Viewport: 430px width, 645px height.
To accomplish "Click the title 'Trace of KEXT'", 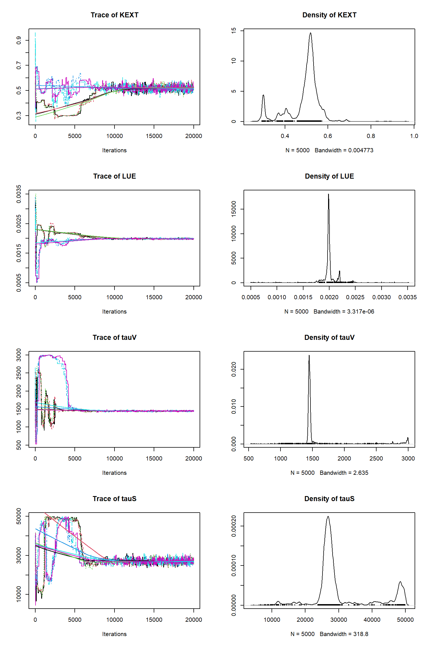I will click(x=114, y=15).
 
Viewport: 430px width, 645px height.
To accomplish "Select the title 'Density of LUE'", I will click(x=329, y=176).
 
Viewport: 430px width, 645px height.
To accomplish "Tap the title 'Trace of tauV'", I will click(x=114, y=338).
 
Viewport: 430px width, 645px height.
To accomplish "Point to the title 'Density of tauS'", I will click(x=329, y=499).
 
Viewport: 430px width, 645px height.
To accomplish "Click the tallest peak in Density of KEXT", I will click(x=310, y=33).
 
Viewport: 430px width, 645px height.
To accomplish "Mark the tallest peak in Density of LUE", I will click(x=328, y=195).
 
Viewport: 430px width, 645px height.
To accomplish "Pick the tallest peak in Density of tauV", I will click(x=309, y=356).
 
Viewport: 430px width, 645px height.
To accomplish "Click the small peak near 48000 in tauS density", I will click(x=400, y=582).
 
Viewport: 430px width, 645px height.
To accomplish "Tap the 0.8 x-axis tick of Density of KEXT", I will click(x=371, y=136).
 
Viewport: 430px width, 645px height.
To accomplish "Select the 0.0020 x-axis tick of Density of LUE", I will click(x=329, y=297).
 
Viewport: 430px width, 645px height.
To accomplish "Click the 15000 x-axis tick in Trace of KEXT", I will click(x=154, y=136).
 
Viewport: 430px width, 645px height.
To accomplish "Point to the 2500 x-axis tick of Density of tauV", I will click(x=376, y=459).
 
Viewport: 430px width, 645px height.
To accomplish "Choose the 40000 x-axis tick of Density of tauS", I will click(x=372, y=620).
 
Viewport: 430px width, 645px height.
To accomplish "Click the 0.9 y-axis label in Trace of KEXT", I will click(x=19, y=40).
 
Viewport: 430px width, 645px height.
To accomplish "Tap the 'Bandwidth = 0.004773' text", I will click(x=344, y=150).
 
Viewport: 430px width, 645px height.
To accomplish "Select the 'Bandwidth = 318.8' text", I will click(x=344, y=634).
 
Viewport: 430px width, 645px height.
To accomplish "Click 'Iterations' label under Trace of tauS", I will click(x=114, y=634).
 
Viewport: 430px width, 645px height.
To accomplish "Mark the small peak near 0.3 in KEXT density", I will click(x=263, y=96).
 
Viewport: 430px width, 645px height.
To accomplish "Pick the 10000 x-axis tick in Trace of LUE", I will click(x=114, y=297).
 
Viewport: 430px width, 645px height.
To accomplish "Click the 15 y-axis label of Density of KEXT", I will click(x=234, y=31).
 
